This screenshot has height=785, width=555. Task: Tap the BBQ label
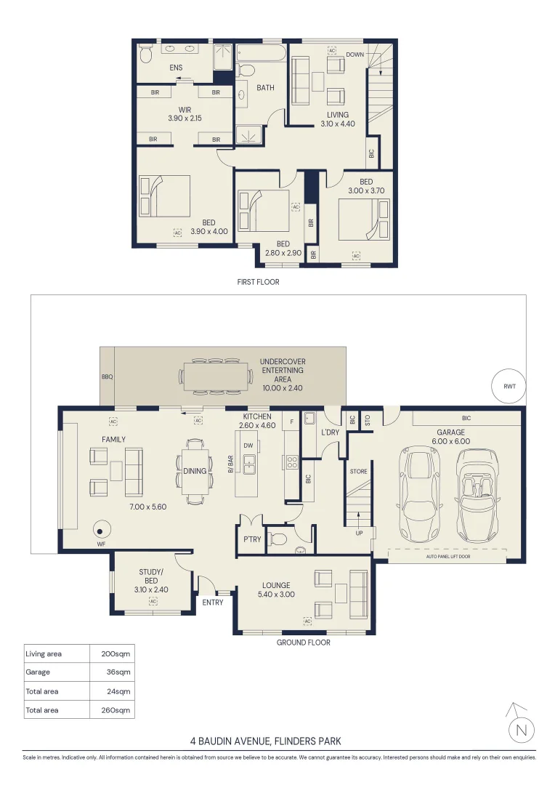coord(107,377)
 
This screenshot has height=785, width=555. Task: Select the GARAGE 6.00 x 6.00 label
coord(451,437)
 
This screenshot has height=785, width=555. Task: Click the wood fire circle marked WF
coord(100,529)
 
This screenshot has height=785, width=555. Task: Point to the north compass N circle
coord(522,730)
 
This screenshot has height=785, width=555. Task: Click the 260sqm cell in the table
coord(116,710)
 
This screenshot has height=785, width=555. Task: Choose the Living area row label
coord(44,654)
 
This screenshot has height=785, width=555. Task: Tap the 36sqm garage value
coord(118,672)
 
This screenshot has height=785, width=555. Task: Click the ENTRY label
coord(213,603)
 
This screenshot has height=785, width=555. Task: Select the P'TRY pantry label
coord(252,539)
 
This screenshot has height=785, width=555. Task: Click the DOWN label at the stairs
coord(355,55)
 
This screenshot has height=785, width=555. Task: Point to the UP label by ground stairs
coord(359,534)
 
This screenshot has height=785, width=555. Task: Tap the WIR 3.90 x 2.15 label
coord(185,114)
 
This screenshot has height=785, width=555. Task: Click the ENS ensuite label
coord(176,68)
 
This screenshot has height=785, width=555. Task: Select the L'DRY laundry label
coord(330,432)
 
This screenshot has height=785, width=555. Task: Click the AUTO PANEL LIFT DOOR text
coord(448,557)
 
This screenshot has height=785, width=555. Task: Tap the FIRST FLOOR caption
coord(258,282)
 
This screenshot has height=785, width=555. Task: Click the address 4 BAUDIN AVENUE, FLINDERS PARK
coord(266,741)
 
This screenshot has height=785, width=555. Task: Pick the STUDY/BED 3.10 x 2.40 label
coord(151,581)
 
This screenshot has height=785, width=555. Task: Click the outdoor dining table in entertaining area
coord(216,376)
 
